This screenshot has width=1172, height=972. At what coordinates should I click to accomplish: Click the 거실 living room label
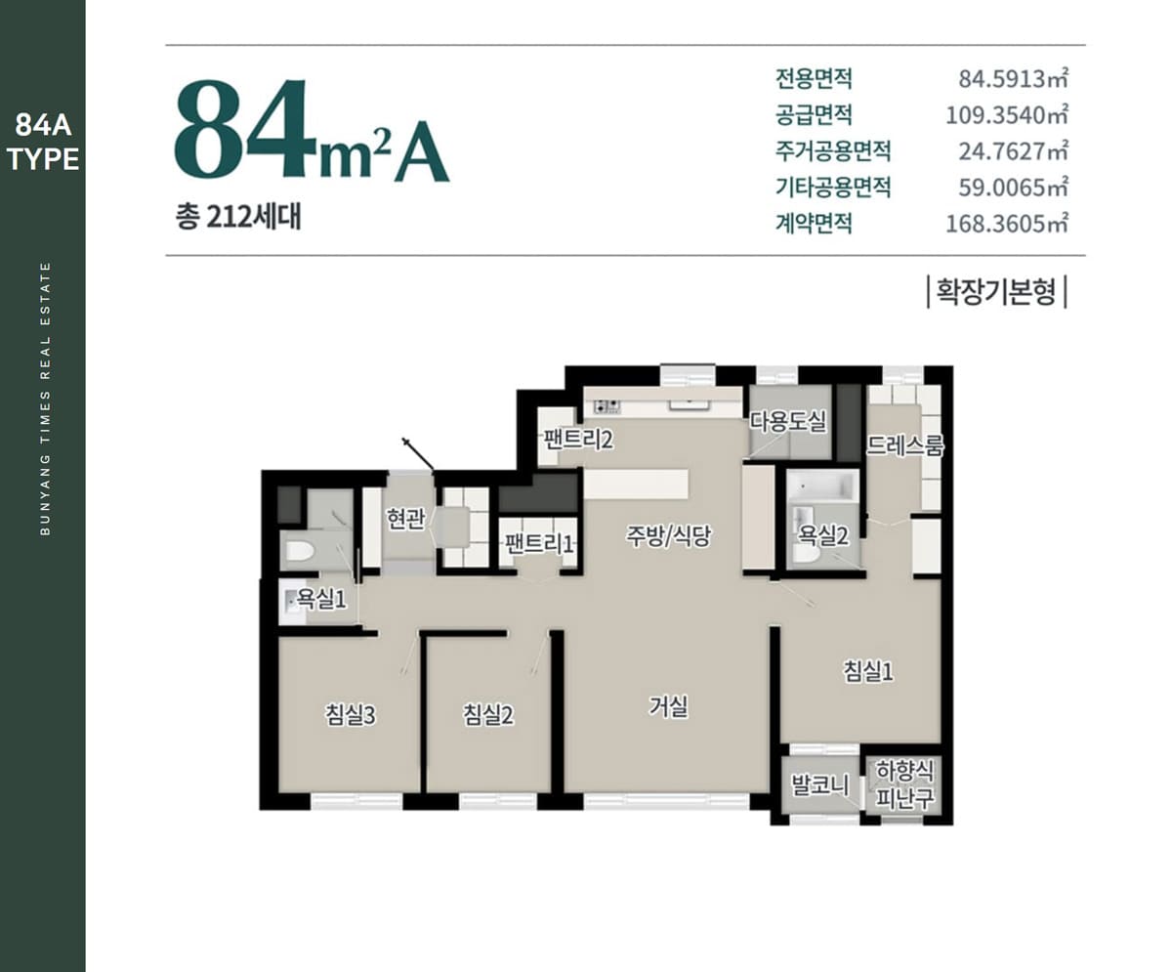[x=668, y=706]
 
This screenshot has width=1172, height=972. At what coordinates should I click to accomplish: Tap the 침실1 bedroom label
[x=868, y=670]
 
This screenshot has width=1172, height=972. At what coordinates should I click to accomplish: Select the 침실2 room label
[x=487, y=715]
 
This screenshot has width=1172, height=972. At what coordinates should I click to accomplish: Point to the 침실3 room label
[x=351, y=715]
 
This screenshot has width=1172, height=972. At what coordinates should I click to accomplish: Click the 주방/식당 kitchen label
[x=668, y=535]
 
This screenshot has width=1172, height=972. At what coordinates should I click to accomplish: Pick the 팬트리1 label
[x=539, y=543]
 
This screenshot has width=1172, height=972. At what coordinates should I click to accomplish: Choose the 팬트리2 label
[x=577, y=440]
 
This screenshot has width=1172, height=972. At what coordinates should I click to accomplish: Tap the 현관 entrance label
[x=405, y=519]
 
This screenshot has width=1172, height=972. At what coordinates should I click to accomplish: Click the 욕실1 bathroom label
[x=321, y=600]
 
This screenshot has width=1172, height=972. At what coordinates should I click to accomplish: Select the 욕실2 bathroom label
[x=823, y=537]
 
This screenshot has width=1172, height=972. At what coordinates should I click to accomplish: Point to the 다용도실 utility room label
[x=788, y=421]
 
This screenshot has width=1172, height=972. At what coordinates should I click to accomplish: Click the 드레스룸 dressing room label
[x=904, y=445]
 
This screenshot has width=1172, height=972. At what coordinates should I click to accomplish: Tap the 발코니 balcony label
[x=820, y=784]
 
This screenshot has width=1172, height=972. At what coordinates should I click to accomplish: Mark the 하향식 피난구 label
[x=904, y=783]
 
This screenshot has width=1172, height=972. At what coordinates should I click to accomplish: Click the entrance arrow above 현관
[x=418, y=453]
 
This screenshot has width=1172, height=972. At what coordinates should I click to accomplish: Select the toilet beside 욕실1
[x=299, y=551]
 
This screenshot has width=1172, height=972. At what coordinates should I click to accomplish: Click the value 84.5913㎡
[x=1013, y=79]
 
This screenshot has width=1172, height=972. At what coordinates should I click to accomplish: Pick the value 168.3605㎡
[x=1006, y=224]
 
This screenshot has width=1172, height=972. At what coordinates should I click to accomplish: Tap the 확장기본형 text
[x=996, y=291]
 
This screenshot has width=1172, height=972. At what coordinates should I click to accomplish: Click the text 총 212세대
[x=238, y=217]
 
